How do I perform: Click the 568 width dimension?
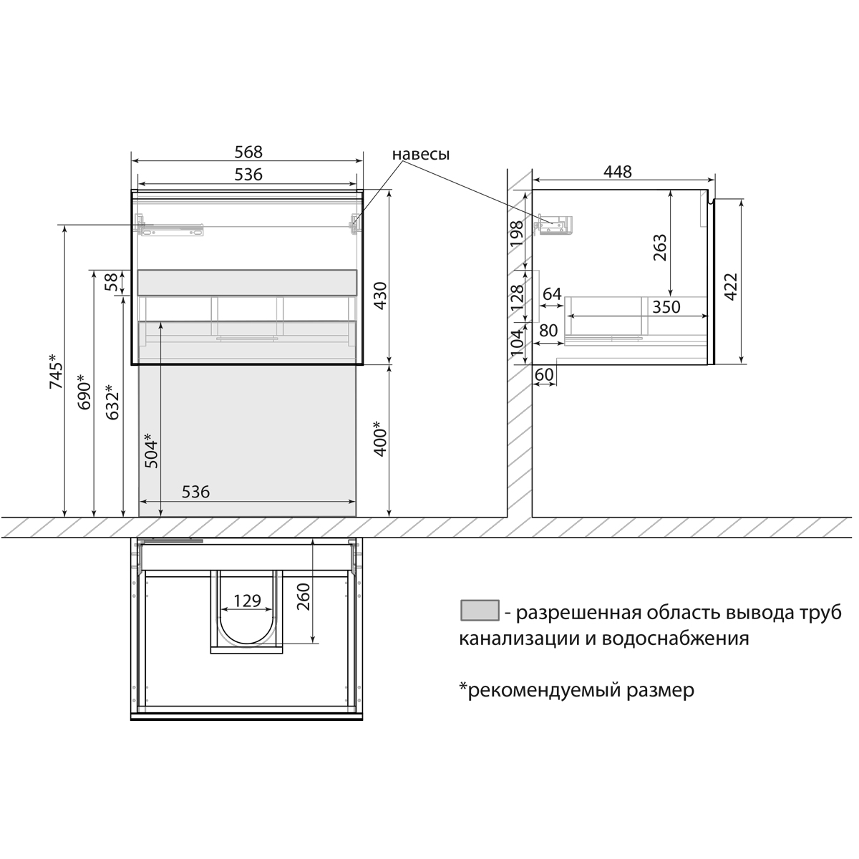click(248, 152)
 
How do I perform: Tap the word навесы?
click(421, 154)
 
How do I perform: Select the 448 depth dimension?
click(617, 172)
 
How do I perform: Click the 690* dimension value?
click(84, 392)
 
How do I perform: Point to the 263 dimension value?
click(660, 248)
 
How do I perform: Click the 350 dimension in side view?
click(665, 306)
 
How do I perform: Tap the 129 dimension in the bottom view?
click(248, 601)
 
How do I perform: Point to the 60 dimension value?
click(544, 374)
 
